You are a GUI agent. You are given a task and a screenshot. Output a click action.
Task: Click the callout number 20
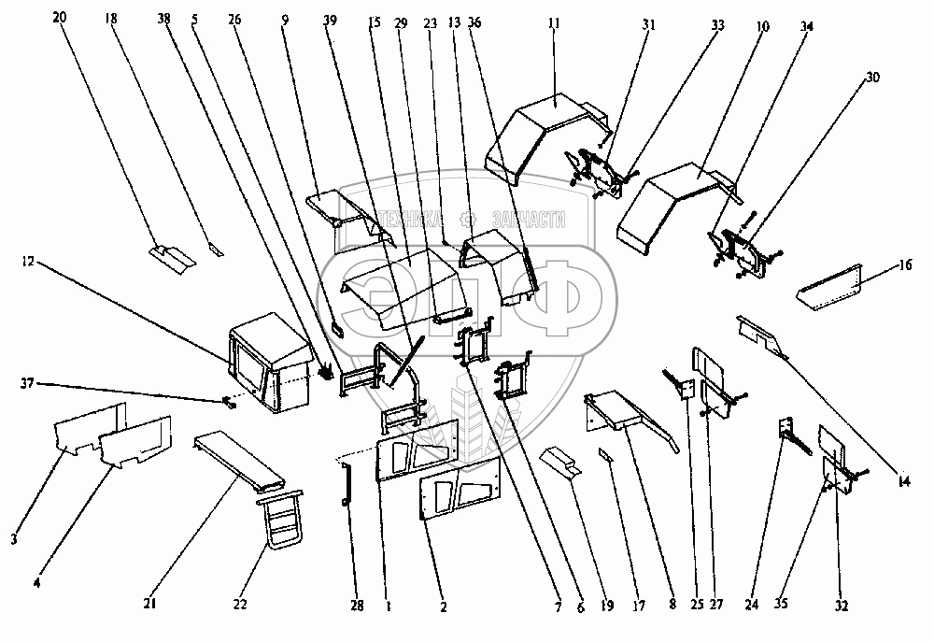(x=61, y=18)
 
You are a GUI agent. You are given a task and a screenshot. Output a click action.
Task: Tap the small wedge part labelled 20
(x=169, y=254)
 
